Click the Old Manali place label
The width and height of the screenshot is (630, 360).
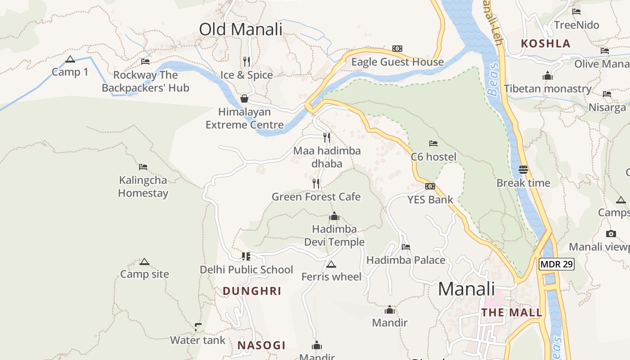[x=241, y=29]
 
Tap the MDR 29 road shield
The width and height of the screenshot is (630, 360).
[x=557, y=264]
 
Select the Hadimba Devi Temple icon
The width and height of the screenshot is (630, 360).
[x=334, y=216]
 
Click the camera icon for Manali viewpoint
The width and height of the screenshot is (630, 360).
[x=611, y=234]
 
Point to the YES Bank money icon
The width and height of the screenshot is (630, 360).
[x=430, y=186]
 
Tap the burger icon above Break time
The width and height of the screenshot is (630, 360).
[x=523, y=170]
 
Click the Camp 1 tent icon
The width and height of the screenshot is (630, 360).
[x=70, y=59]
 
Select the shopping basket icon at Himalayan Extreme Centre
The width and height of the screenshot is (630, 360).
[x=244, y=99]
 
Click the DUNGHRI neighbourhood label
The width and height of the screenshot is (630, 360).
[x=252, y=291]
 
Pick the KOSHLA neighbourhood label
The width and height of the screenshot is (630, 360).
[x=545, y=44]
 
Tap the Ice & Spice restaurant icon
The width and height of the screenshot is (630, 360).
[x=246, y=61]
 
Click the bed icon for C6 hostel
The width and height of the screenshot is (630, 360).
[x=433, y=144]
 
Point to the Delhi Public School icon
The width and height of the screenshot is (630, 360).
[x=246, y=256]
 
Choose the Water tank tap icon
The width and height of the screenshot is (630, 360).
[x=198, y=327]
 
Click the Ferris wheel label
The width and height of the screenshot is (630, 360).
[x=331, y=277]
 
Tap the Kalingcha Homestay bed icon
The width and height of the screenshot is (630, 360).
[x=143, y=167]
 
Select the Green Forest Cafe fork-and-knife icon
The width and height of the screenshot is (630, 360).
[x=316, y=183]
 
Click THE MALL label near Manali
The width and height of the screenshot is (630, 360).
[x=512, y=312]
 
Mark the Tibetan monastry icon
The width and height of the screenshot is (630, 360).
[x=547, y=76]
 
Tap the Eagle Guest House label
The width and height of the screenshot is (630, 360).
[x=397, y=62]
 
